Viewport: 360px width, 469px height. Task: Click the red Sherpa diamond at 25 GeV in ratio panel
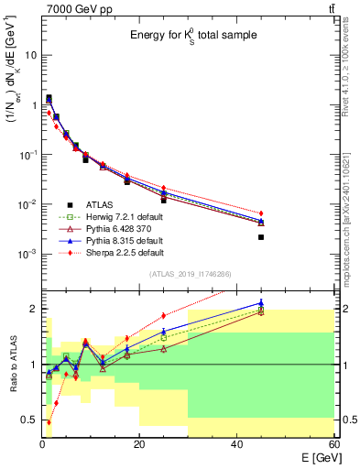164,315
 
